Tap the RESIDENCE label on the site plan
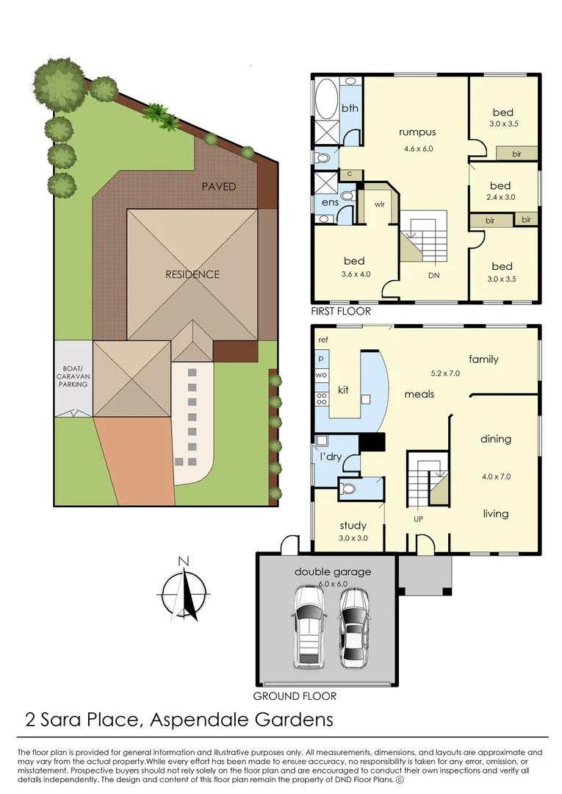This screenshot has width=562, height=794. pos(192,274)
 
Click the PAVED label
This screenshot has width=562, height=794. pos(219,187)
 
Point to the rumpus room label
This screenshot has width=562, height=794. pos(417,132)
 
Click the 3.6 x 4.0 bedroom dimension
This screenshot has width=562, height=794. pos(354,275)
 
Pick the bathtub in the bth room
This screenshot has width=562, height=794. pos(327,99)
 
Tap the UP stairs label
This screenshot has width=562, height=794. pos(419,519)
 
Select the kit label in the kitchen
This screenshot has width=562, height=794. pos(342,389)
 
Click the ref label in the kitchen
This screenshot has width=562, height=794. pos(323,340)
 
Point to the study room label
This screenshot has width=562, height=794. pos(353,526)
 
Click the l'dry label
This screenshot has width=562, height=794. pos(331,457)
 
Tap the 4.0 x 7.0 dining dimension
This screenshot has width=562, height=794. pos(495,476)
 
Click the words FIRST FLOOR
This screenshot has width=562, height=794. pos(341,312)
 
